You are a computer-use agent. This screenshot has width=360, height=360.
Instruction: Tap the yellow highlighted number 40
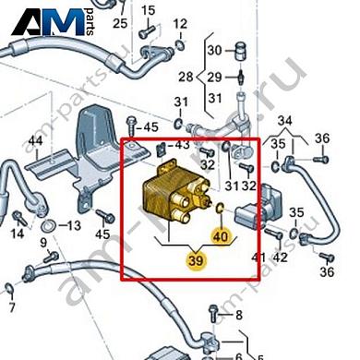pos(220,237)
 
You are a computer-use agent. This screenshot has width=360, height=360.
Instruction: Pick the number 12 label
pos(180,23)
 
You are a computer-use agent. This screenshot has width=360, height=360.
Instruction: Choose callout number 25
pos(120,23)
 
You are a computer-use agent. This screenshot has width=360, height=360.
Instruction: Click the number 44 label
pos(36,141)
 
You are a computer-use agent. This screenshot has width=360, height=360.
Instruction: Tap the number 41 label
pos(259,256)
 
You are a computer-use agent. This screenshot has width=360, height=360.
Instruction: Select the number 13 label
pos(75,225)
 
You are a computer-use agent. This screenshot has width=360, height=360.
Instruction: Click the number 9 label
pos(42,242)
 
